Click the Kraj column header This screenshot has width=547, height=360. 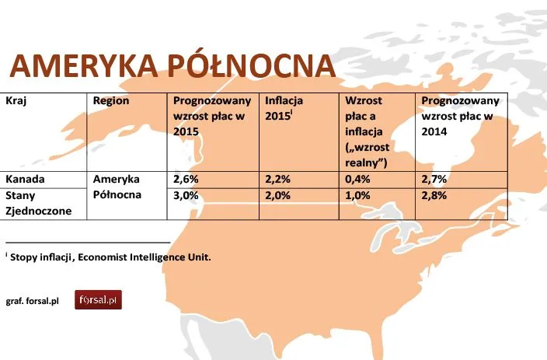16,102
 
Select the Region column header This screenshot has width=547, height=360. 110,102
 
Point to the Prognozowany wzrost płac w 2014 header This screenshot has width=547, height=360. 458,117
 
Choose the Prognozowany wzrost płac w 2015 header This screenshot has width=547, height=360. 212,117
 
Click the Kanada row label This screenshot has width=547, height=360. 25,179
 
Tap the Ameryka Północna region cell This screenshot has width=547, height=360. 117,187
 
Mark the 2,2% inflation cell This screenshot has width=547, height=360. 278,179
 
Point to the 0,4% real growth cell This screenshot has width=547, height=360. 358,179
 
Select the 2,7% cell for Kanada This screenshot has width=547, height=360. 434,179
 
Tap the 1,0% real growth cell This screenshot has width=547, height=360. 358,196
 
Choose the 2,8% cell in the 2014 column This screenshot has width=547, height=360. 434,196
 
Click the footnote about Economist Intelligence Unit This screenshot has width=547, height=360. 109,257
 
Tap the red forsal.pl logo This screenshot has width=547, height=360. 98,299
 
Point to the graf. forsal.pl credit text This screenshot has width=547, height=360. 33,300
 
